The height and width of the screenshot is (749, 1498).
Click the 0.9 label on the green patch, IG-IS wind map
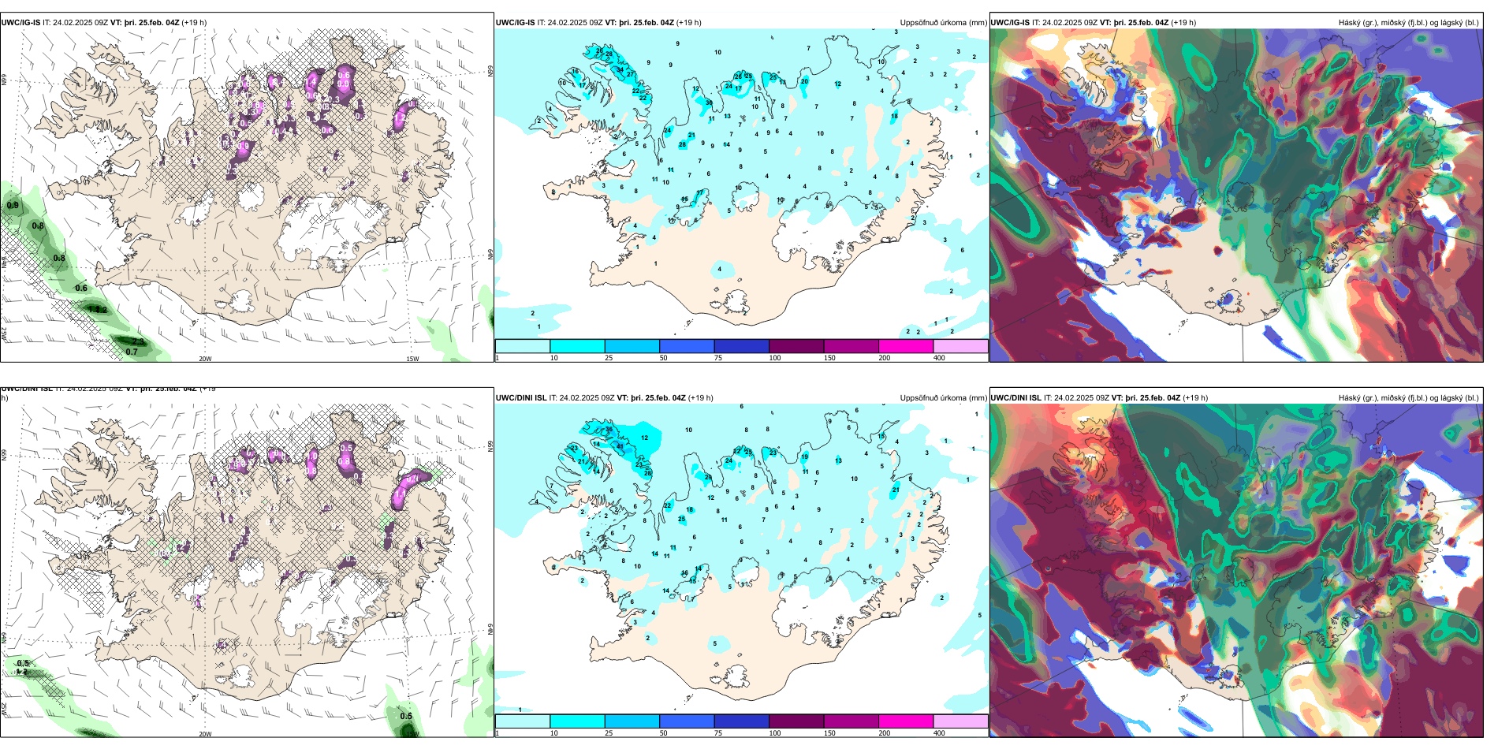(x=13, y=206)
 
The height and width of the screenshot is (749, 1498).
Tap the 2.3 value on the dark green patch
(x=137, y=341)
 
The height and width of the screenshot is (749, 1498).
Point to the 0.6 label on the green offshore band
(x=81, y=288)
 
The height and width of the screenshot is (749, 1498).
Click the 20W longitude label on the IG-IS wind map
(x=205, y=359)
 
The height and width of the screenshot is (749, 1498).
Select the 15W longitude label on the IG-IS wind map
(x=412, y=359)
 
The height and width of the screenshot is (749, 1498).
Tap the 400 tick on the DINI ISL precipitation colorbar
(x=939, y=733)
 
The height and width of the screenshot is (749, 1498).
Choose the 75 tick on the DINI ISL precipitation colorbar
(x=718, y=733)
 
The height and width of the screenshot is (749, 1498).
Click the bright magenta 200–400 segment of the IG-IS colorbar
(x=906, y=346)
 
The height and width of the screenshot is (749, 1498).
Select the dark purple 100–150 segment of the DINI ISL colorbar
(x=796, y=721)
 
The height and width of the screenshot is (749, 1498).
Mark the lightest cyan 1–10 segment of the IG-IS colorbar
(x=522, y=346)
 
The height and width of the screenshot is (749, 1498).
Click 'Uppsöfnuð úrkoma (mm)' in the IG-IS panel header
(x=943, y=23)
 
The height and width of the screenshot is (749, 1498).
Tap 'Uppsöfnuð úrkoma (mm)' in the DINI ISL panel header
(x=943, y=398)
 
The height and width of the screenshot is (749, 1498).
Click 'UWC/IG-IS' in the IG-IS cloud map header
(x=1010, y=23)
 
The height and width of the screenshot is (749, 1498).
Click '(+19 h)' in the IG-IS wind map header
(x=194, y=23)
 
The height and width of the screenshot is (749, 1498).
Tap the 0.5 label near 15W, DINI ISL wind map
(x=406, y=716)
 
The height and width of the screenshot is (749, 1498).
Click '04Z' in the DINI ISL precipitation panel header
(x=675, y=398)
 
